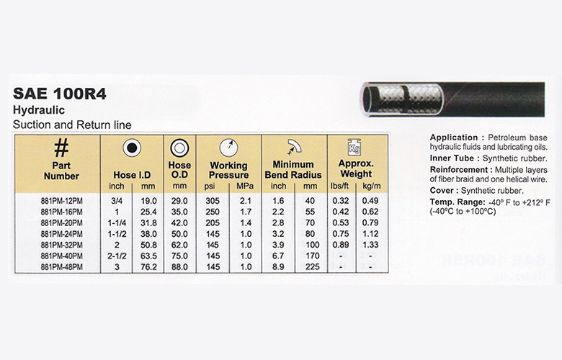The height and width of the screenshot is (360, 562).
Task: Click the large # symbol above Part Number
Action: click(61, 148)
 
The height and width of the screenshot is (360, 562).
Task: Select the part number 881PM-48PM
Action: click(61, 266)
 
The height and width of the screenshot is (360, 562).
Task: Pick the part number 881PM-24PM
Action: click(61, 233)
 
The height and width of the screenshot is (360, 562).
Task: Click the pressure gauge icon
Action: click(228, 146)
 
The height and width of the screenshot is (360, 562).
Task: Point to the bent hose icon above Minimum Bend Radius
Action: click(295, 145)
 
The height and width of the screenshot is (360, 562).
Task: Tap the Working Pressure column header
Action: click(228, 170)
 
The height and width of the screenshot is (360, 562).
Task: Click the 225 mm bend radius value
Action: click(313, 266)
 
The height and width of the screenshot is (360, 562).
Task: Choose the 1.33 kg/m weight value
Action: click(370, 244)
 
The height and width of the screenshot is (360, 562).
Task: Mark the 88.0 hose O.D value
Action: click(179, 266)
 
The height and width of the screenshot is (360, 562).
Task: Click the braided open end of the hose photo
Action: click(371, 95)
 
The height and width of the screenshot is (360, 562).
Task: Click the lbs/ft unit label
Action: click(341, 187)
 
